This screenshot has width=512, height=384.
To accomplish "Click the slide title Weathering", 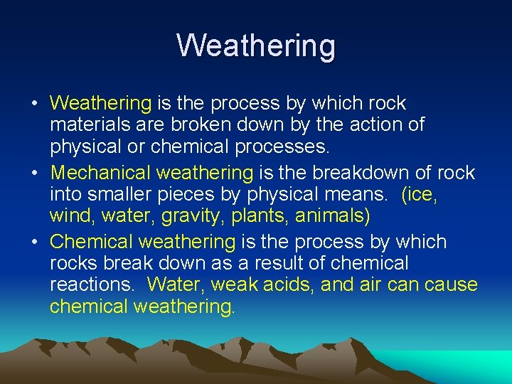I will (x=256, y=46).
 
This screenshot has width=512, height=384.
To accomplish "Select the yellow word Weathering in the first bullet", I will (x=100, y=104).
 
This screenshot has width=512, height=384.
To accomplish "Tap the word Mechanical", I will (x=100, y=173).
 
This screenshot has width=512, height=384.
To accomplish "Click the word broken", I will (x=208, y=125).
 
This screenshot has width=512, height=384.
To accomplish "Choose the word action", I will (x=366, y=125).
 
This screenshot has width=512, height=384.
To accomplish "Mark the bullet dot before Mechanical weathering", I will (x=35, y=173).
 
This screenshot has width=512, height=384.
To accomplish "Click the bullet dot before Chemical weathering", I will (x=35, y=242).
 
